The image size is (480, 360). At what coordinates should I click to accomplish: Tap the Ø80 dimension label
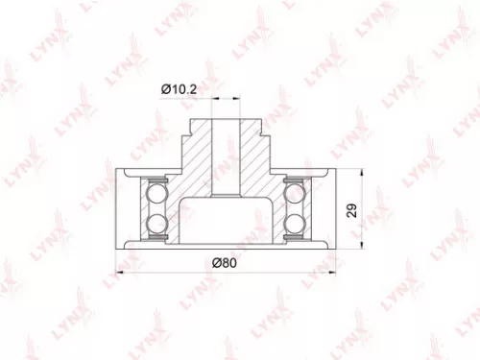(225, 262)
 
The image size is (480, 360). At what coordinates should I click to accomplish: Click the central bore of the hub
(226, 154)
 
